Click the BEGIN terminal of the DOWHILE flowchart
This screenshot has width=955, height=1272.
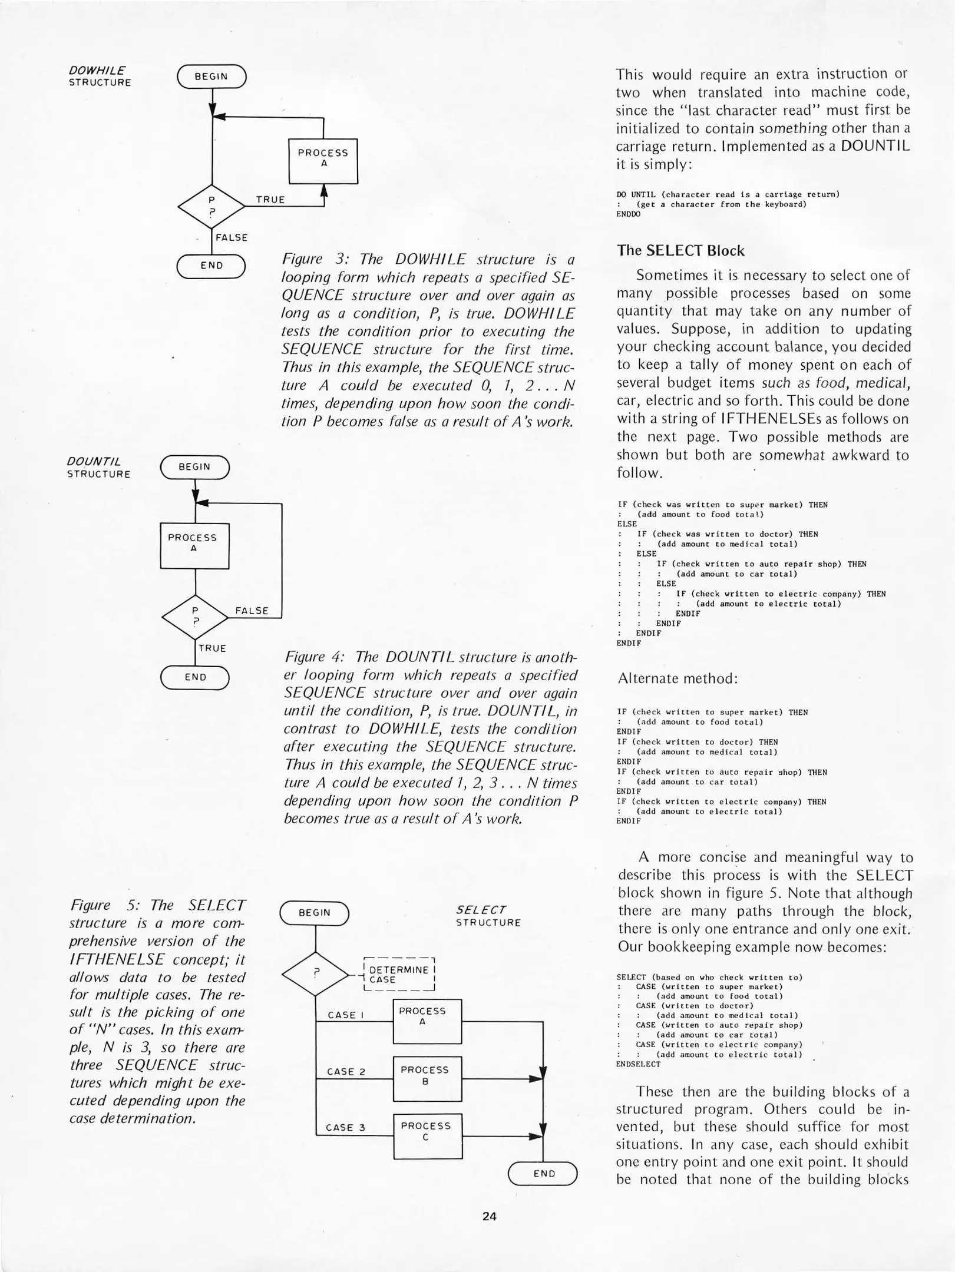tap(211, 77)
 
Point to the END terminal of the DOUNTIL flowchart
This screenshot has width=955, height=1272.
tap(195, 677)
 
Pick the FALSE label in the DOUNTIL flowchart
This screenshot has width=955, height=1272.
tap(252, 611)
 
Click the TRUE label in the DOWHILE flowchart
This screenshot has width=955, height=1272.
tap(270, 200)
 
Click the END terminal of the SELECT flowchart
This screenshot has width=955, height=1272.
tap(543, 1173)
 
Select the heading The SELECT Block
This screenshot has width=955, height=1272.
tap(680, 251)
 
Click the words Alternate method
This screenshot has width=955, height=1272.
tap(678, 678)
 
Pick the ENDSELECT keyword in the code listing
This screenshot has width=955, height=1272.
tap(638, 1064)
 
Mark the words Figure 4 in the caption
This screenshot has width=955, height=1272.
tap(314, 657)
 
